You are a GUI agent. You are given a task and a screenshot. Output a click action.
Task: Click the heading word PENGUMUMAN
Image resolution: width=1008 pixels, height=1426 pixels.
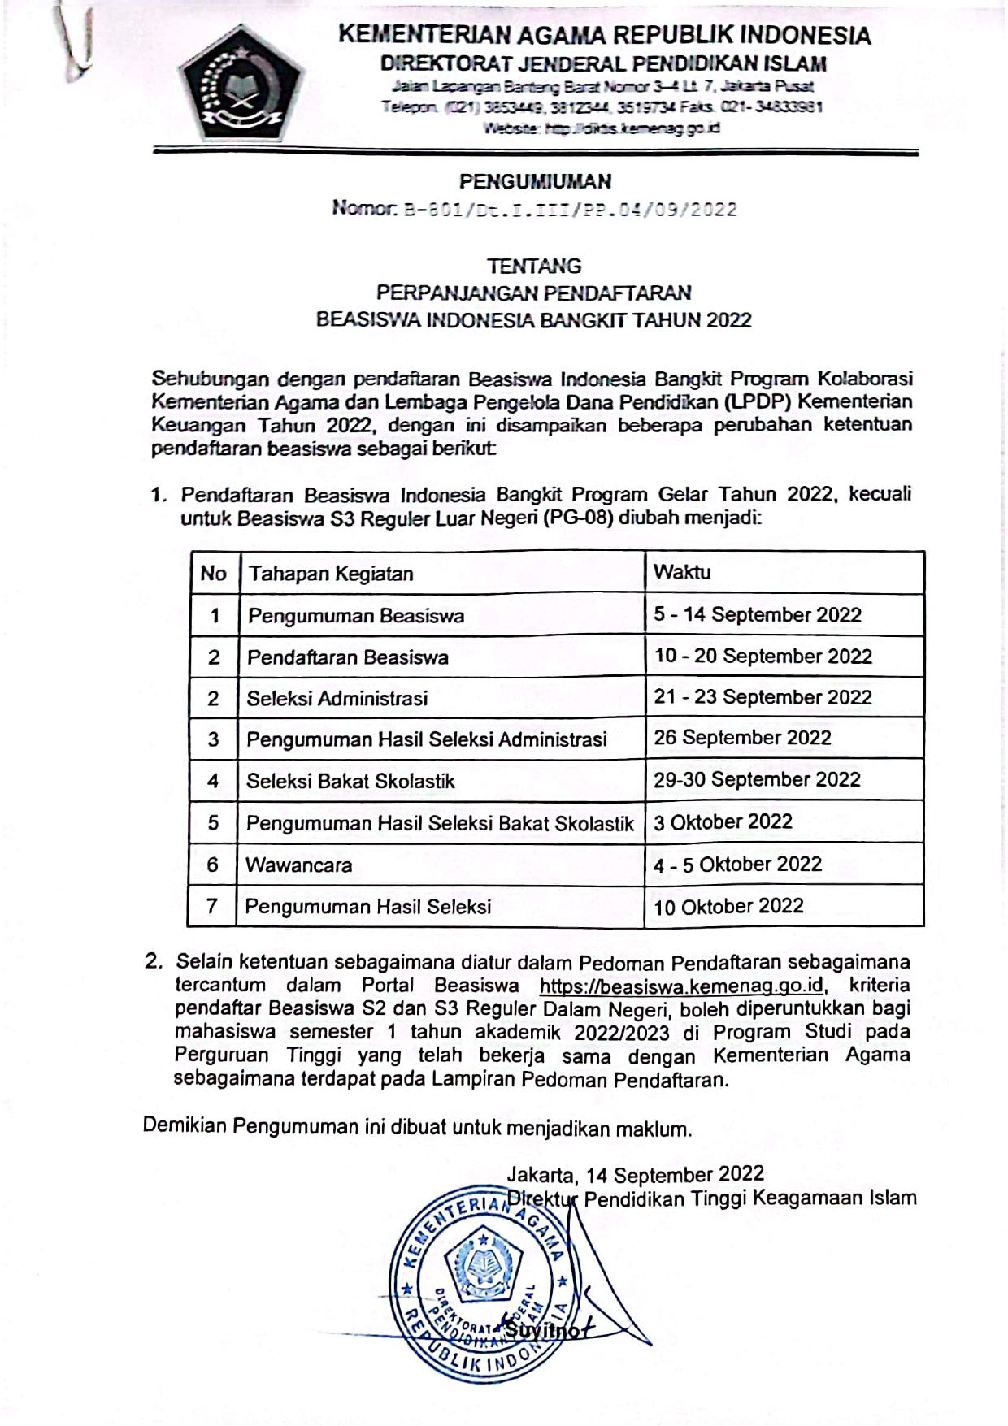(535, 181)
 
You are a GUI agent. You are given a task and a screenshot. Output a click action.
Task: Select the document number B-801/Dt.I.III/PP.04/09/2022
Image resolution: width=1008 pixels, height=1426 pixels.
(570, 210)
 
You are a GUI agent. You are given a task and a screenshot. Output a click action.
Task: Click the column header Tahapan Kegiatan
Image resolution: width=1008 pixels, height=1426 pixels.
(331, 574)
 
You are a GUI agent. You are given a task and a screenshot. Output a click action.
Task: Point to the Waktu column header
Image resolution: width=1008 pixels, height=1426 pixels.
(682, 572)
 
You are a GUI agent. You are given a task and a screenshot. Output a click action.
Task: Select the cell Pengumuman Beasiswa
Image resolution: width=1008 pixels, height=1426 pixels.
(356, 616)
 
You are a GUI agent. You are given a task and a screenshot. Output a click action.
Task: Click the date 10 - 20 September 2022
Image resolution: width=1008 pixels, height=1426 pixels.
(763, 656)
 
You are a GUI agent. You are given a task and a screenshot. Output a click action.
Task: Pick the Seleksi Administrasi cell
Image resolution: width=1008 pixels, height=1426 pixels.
(337, 698)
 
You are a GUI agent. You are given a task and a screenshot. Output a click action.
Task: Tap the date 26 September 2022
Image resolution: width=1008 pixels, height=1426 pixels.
(742, 738)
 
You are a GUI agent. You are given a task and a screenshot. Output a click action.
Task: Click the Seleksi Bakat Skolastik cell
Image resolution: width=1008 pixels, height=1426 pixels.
(350, 781)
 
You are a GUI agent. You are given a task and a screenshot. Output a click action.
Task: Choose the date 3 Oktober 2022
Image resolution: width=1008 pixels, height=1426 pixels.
(723, 821)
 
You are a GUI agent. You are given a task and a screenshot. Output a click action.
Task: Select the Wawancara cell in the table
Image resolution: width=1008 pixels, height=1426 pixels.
(299, 865)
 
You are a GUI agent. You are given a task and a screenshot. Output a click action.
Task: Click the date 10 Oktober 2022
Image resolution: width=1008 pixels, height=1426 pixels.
(728, 907)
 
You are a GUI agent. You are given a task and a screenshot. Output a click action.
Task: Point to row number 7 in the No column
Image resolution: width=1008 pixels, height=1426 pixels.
(212, 905)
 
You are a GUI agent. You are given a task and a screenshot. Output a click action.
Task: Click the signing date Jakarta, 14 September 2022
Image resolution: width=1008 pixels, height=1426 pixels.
(635, 1174)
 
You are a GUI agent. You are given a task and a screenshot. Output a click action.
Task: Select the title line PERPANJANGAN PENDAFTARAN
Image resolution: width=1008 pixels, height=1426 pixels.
(534, 292)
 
